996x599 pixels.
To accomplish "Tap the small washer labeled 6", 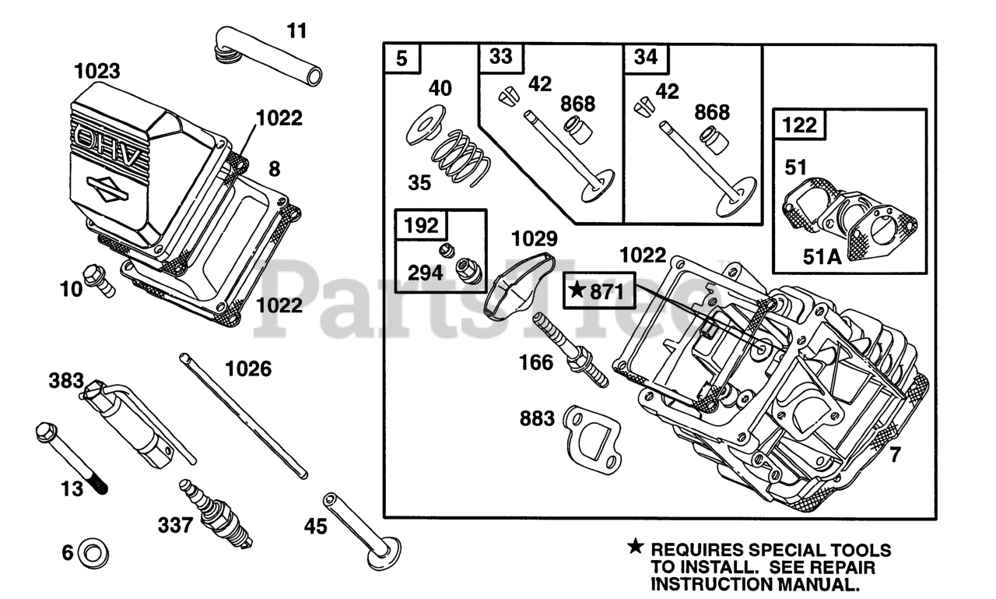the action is coord(93,554).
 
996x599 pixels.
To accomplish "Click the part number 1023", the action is coord(97,71).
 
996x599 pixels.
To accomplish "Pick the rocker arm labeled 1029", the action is coord(518,286).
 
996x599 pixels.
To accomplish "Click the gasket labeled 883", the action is coord(592,438).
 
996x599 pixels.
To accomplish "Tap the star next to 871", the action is coord(577,291).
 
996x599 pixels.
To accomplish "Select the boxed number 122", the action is coord(799,125).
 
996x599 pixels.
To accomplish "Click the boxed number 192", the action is coord(421,226).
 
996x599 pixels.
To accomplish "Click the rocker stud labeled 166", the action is coord(570,350).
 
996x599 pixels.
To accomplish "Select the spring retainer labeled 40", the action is coord(426,125).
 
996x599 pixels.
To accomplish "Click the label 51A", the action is coord(822,257).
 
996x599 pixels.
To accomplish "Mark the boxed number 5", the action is coord(402,58).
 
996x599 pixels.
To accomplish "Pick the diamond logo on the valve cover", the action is coord(107,189).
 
